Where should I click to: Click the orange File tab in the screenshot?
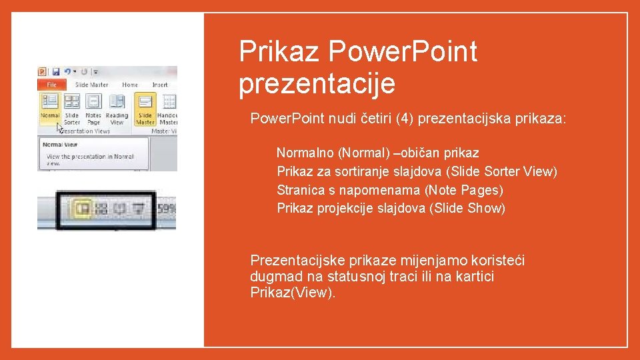(51, 85)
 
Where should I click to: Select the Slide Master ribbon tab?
(91, 85)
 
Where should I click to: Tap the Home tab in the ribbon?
(130, 85)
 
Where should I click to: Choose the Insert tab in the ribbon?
(160, 85)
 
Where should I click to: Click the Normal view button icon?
(50, 101)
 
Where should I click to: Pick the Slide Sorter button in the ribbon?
(72, 102)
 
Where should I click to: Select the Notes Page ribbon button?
(93, 102)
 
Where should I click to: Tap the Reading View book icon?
(117, 102)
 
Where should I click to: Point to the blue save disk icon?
(56, 71)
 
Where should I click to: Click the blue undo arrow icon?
(67, 71)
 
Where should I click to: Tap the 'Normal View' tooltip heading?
(60, 144)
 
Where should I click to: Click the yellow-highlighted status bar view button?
(83, 209)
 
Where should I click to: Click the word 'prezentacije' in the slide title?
(317, 84)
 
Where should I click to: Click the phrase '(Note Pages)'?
(463, 190)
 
